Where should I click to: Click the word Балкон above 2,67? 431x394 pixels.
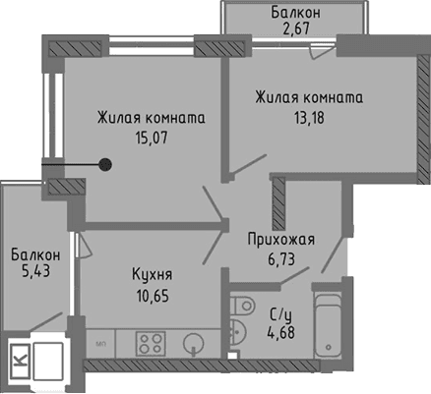[294, 12]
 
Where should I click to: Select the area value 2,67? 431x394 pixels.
[294, 28]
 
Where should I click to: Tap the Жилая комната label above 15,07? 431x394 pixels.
[151, 119]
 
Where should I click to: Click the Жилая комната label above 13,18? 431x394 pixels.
[309, 97]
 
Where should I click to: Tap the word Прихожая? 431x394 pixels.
[280, 239]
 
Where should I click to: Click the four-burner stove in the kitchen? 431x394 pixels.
[152, 343]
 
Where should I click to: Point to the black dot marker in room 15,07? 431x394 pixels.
[103, 164]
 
